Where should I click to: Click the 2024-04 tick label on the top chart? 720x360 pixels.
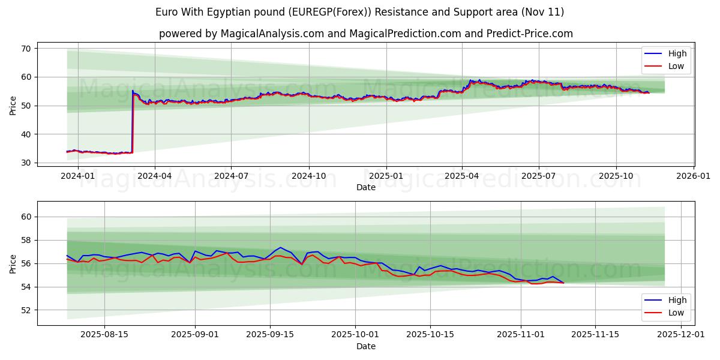(x=155, y=176)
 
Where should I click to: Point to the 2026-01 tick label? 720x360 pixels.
(x=693, y=176)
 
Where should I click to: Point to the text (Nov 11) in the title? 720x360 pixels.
(x=543, y=12)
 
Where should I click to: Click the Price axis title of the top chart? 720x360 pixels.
(x=13, y=105)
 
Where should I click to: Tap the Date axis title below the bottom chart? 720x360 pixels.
(x=366, y=346)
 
